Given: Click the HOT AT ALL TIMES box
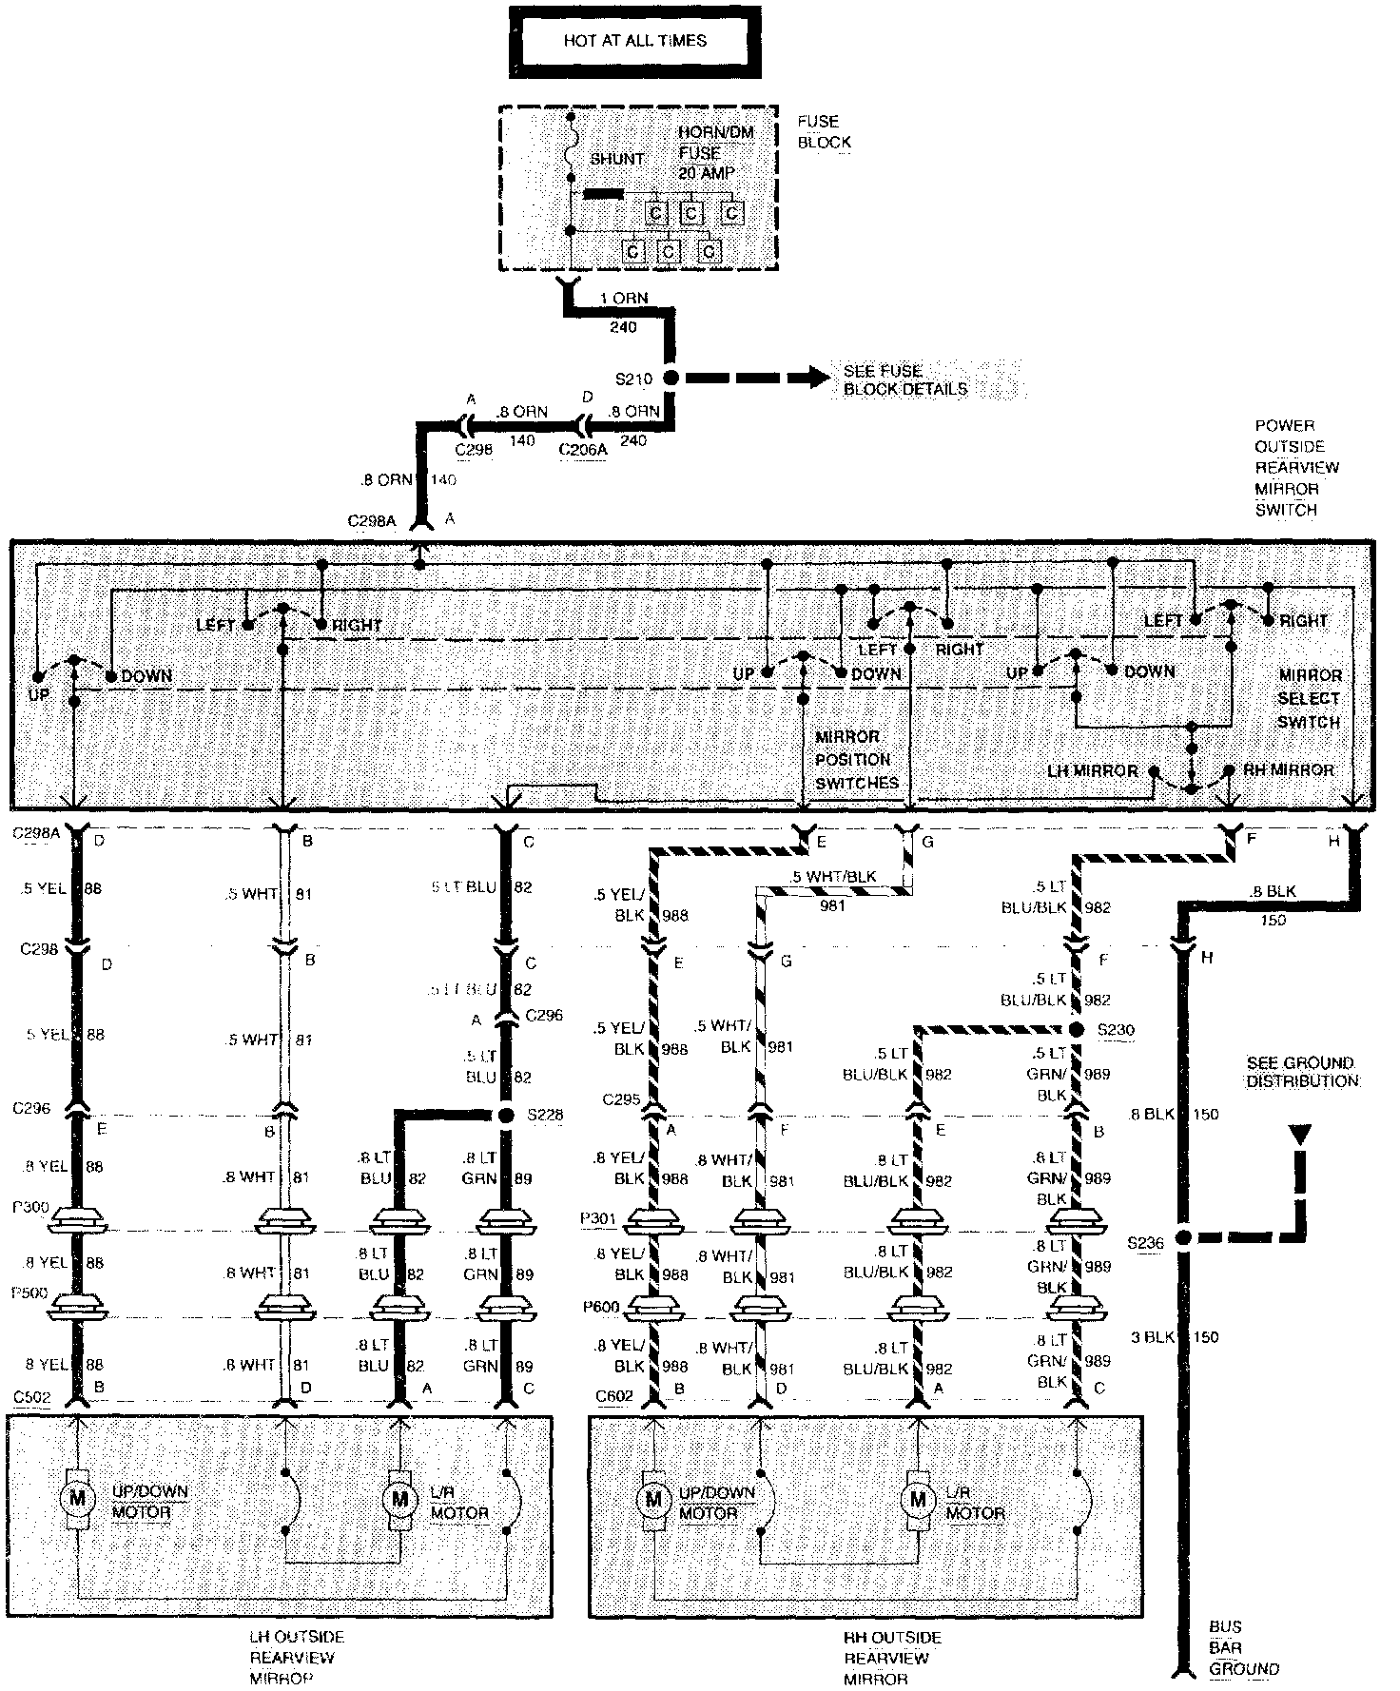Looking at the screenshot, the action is pyautogui.click(x=635, y=42).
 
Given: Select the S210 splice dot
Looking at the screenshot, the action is pyautogui.click(x=671, y=378).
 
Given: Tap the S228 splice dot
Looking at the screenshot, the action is pyautogui.click(x=507, y=1115).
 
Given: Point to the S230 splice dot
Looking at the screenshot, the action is pyautogui.click(x=1077, y=1030).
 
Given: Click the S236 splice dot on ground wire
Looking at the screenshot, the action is pyautogui.click(x=1184, y=1238).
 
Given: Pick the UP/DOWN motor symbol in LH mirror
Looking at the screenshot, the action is pyautogui.click(x=77, y=1499).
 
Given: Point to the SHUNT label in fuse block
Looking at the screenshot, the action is pyautogui.click(x=617, y=159).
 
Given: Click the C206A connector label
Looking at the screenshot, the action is pyautogui.click(x=582, y=450).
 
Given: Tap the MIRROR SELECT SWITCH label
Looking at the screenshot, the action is pyautogui.click(x=1309, y=698).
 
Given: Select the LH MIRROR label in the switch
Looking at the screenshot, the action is pyautogui.click(x=1091, y=770).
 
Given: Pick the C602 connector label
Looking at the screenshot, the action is pyautogui.click(x=613, y=1396).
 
